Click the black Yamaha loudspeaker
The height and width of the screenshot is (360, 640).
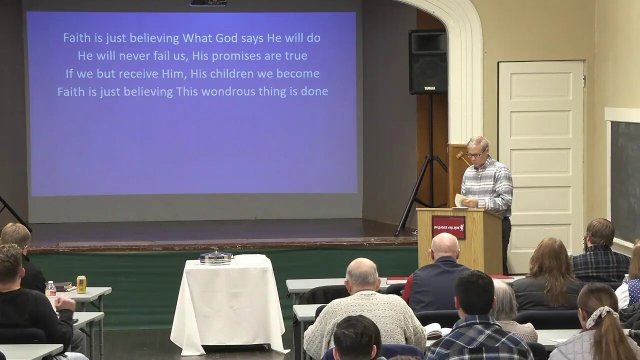[428, 61]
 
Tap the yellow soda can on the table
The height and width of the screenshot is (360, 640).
[81, 284]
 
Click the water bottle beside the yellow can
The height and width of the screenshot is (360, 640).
[50, 289]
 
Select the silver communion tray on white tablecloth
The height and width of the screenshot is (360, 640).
[216, 257]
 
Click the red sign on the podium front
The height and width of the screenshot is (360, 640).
[448, 227]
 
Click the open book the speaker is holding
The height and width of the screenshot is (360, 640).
[460, 200]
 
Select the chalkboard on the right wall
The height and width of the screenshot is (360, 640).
[625, 180]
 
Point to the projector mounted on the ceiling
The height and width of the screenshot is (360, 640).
[208, 3]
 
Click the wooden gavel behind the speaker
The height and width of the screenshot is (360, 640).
[462, 157]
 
